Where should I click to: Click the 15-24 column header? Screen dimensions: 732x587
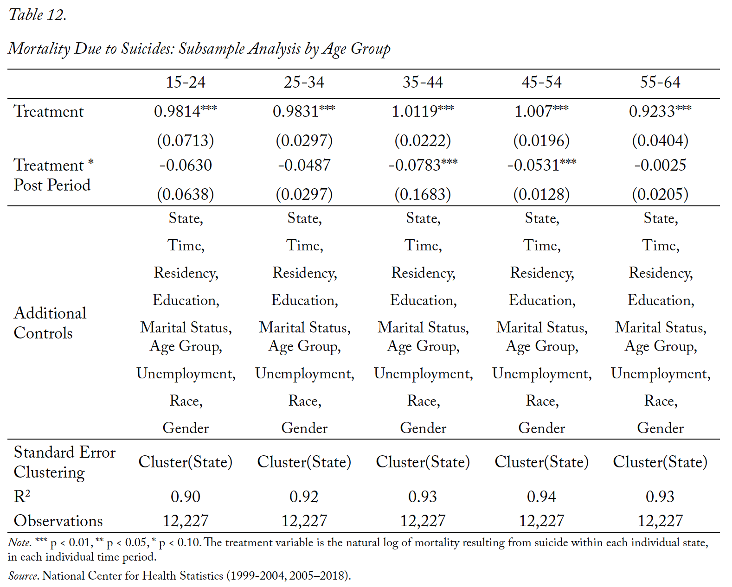pos(186,83)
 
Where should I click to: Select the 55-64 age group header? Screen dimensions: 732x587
pos(660,83)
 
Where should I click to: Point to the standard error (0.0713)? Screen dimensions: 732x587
pos(186,140)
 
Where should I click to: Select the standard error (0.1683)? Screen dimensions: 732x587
pos(423,194)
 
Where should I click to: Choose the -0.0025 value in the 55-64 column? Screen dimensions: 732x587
pos(660,165)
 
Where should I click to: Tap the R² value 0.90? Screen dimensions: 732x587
pos(186,497)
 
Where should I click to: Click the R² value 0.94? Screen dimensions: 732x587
pos(541,497)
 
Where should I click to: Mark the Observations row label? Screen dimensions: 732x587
pos(58,521)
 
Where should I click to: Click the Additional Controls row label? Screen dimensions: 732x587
pos(50,323)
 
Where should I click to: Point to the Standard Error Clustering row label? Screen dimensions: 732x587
pos(64,463)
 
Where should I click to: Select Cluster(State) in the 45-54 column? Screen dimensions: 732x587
pos(541,462)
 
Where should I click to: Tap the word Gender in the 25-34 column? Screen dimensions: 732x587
pos(304,428)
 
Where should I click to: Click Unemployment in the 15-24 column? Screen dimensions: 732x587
pos(186,374)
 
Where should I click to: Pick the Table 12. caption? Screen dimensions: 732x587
pos(37,15)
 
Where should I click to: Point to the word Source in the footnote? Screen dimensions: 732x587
pos(23,576)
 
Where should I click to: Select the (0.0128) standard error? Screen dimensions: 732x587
pos(541,194)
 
